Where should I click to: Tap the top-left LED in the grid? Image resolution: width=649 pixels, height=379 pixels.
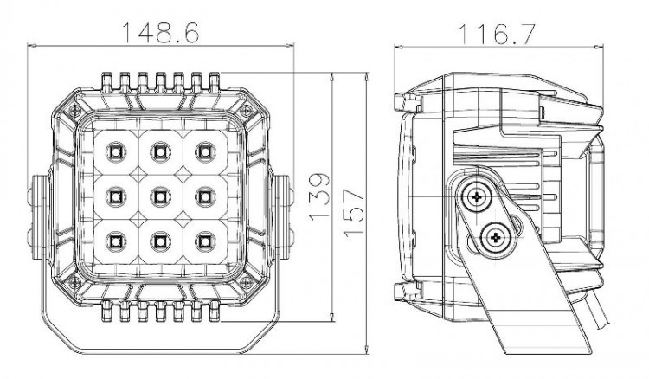113,152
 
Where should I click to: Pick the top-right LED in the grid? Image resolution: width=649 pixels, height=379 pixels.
204,152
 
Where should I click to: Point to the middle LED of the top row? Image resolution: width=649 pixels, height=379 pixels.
158,152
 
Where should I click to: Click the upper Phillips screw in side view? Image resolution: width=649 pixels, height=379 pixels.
477,198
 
